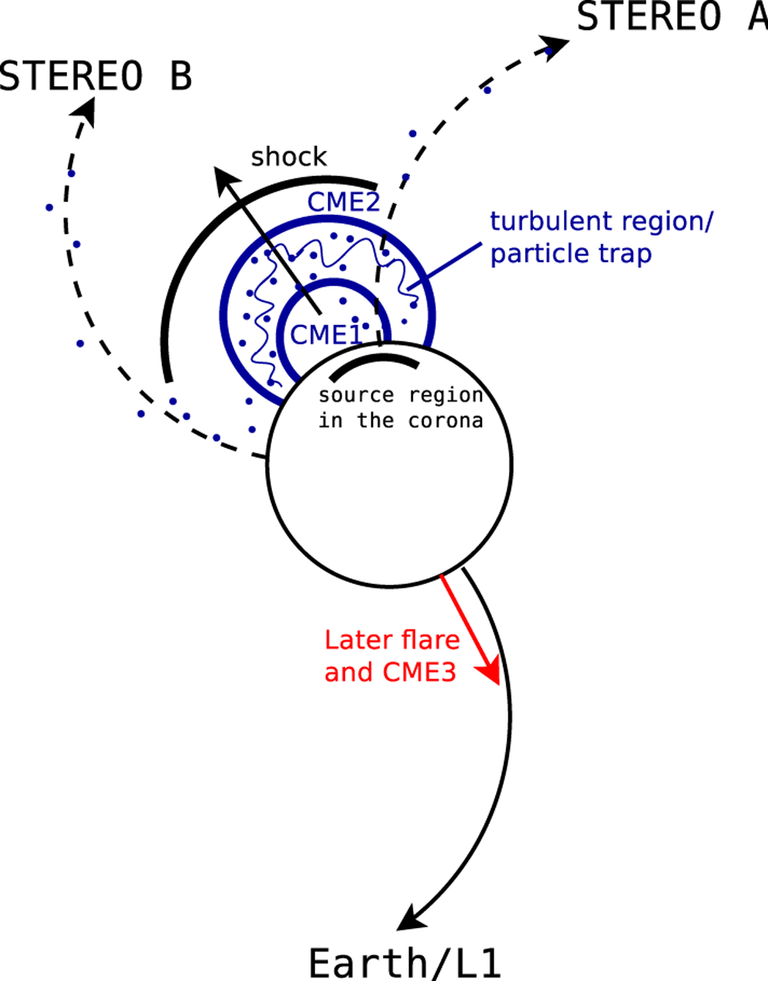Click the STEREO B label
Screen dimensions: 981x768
pos(96,76)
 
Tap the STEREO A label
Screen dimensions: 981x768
pos(672,17)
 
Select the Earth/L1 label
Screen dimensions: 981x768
pos(404,962)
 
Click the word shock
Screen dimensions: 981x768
pos(289,157)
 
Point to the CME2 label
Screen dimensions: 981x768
pos(344,202)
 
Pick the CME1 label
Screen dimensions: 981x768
pos(325,334)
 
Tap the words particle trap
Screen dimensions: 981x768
pos(571,254)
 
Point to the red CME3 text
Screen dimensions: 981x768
pos(419,672)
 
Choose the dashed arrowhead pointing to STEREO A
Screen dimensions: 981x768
pos(556,46)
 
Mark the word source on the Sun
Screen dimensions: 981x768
pos(356,395)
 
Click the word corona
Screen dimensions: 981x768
pos(445,421)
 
